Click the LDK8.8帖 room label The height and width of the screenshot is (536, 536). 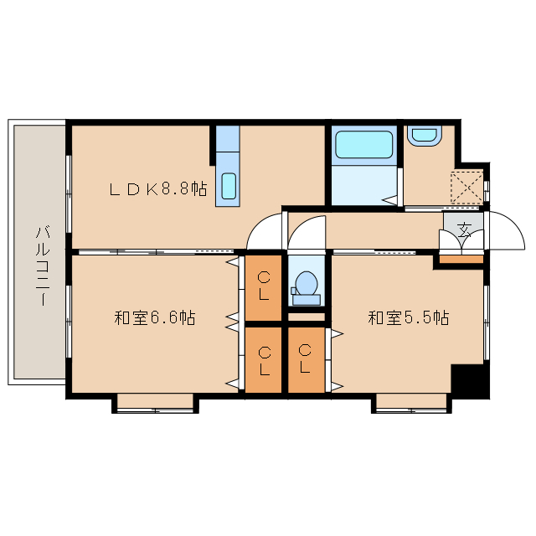(158, 189)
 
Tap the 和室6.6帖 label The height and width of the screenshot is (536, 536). (155, 317)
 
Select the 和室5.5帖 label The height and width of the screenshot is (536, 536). (409, 317)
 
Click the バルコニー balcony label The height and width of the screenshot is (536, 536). (43, 265)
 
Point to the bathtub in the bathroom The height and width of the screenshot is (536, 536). (363, 145)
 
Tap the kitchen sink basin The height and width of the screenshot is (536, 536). (229, 186)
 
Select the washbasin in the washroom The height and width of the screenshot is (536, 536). (425, 136)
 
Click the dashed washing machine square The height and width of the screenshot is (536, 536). (467, 188)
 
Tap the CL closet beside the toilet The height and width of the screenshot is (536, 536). (264, 286)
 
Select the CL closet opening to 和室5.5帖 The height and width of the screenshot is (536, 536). (307, 359)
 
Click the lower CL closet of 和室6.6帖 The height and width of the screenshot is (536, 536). (264, 359)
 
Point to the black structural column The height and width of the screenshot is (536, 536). (470, 381)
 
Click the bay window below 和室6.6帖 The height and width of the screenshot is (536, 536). (155, 404)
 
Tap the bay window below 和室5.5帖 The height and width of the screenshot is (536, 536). (411, 404)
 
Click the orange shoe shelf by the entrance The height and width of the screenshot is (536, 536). (461, 260)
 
